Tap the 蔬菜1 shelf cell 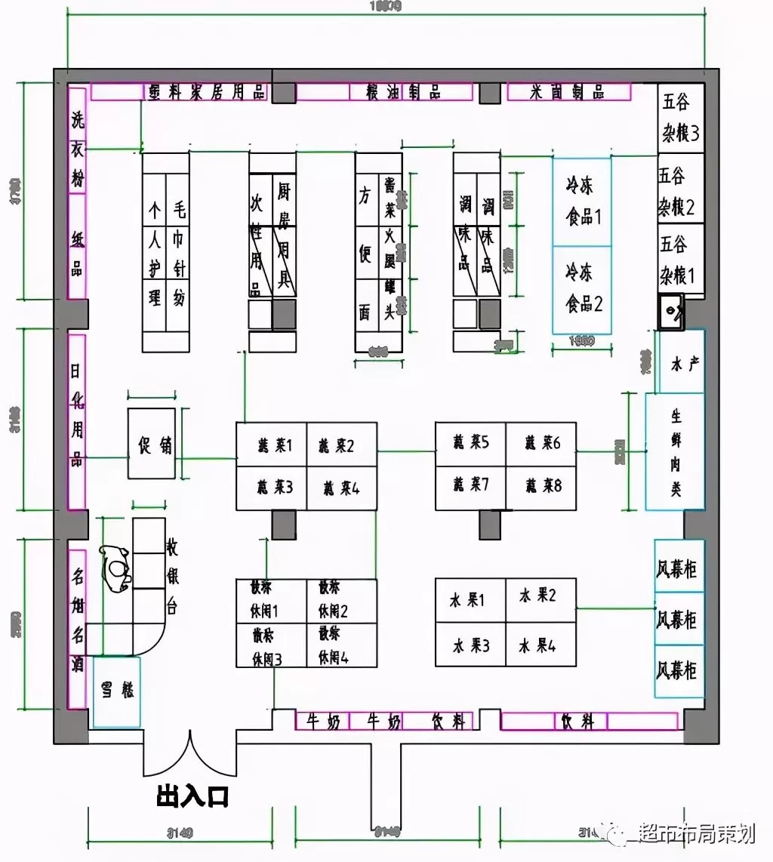(x=273, y=445)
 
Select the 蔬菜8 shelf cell (x=541, y=486)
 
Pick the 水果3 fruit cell (x=470, y=646)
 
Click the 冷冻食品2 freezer (x=582, y=290)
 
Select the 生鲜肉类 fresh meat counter (x=676, y=451)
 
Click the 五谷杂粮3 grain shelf (x=680, y=118)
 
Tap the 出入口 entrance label (x=192, y=796)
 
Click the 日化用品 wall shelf (x=77, y=420)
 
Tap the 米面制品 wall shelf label (x=568, y=92)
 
